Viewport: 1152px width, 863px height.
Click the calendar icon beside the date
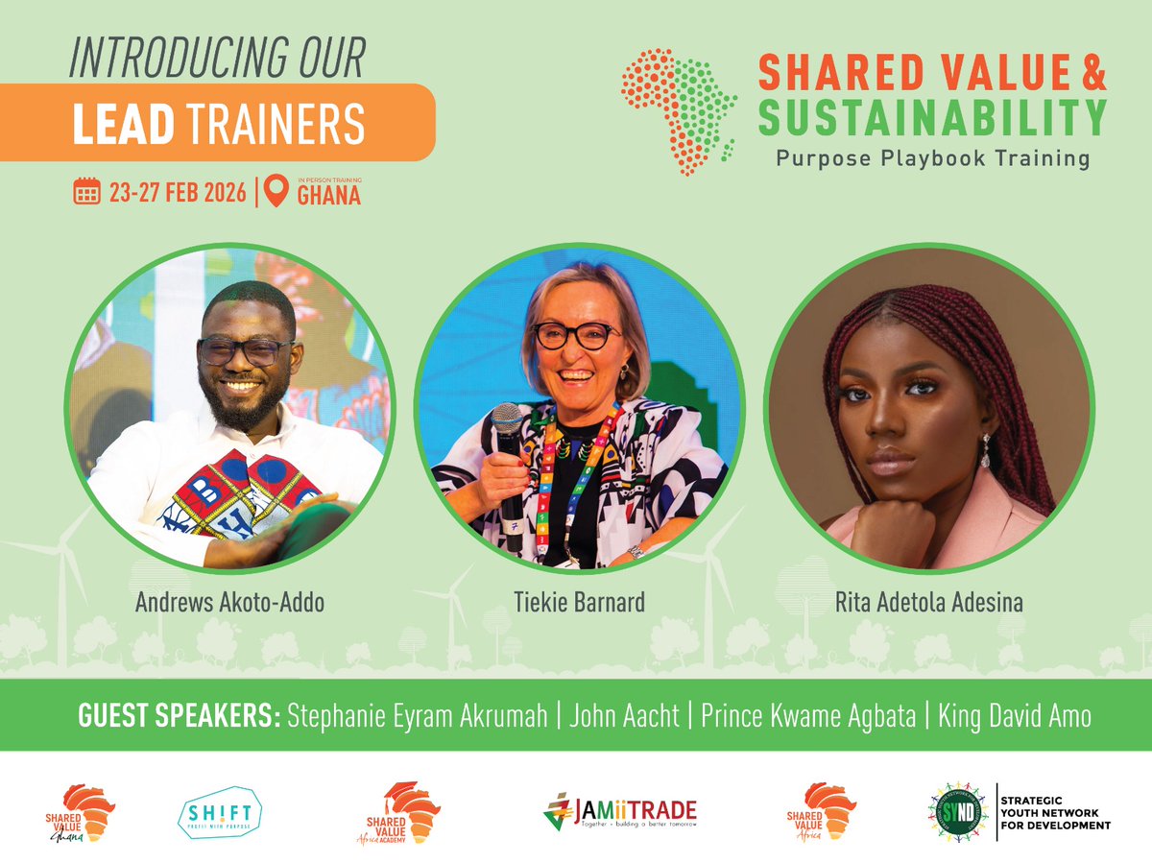87,192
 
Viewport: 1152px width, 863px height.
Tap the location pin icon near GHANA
276,192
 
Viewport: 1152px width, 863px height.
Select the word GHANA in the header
328,197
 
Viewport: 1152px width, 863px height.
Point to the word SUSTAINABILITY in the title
931,117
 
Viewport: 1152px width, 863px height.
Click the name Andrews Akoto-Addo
229,603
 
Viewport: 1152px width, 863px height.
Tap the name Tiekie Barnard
579,603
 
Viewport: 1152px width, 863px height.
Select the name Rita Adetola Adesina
929,603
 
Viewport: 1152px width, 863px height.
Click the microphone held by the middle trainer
507,422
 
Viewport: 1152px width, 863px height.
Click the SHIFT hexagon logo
220,811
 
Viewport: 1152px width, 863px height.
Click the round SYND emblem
957,811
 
